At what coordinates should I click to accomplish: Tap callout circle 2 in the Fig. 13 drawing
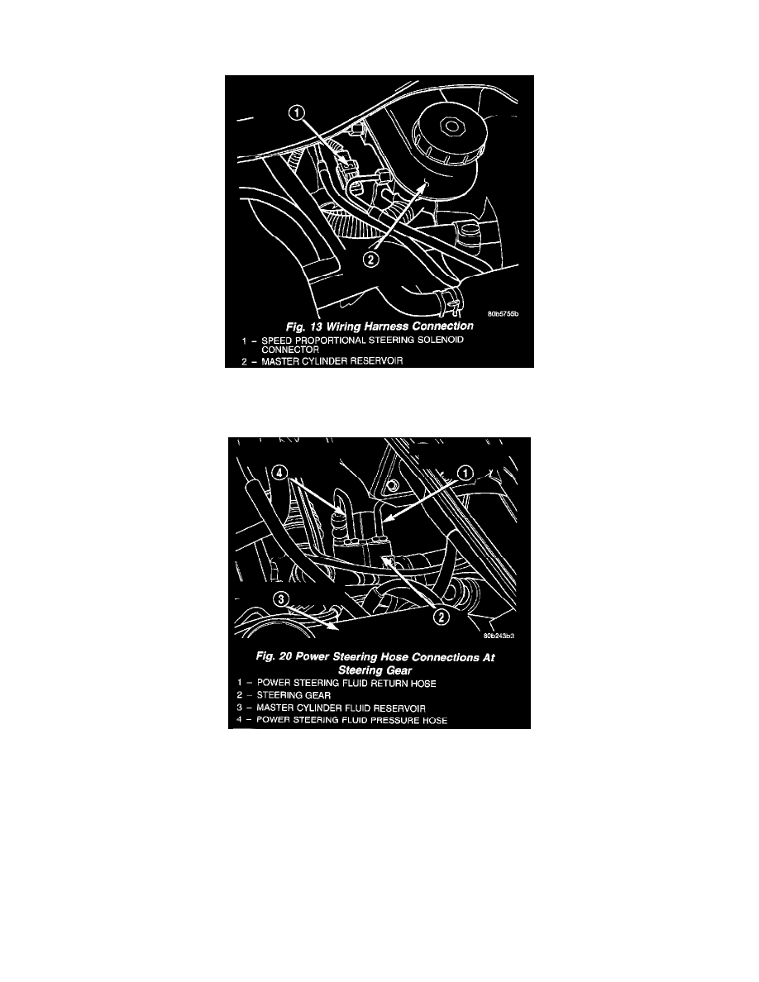point(371,258)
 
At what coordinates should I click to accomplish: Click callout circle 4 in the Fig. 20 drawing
point(280,474)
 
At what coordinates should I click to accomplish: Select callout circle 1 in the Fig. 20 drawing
point(466,473)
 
